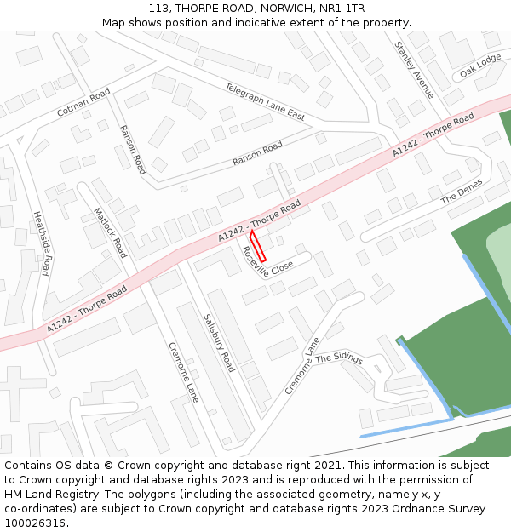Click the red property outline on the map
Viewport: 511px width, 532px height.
pos(258,245)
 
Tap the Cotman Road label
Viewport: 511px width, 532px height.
pos(83,102)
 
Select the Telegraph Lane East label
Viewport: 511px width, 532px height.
pos(264,100)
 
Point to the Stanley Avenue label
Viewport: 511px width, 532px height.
pos(415,69)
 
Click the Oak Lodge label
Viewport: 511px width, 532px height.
pos(480,66)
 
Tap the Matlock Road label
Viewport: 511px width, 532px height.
pos(109,232)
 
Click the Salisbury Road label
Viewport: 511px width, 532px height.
pos(219,342)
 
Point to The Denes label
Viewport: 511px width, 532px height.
pos(461,192)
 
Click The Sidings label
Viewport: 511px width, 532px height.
pos(339,359)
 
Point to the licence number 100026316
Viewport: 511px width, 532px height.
pos(35,523)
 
